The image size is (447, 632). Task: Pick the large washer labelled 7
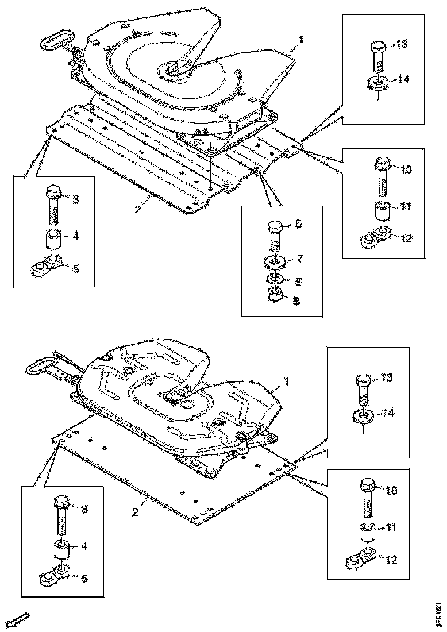click(275, 263)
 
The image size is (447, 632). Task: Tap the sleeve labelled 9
click(275, 297)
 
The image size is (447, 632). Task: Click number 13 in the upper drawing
click(402, 45)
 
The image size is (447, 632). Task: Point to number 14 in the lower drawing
click(388, 412)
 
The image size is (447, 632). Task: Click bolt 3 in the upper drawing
click(53, 203)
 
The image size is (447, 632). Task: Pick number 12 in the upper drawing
click(406, 238)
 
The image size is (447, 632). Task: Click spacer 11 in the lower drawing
click(368, 533)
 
